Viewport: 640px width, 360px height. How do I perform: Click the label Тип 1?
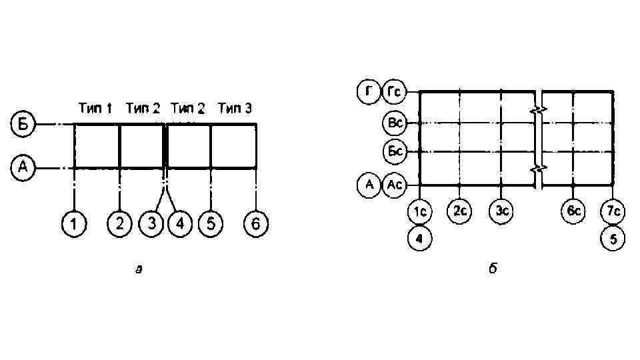tap(95, 108)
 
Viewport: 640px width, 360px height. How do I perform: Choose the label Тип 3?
tap(234, 108)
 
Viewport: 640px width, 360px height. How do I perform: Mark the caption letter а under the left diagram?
tap(138, 270)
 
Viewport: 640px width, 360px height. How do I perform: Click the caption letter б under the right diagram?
tap(493, 269)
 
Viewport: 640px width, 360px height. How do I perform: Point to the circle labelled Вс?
tap(394, 123)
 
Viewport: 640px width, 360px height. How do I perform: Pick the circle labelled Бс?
tap(394, 152)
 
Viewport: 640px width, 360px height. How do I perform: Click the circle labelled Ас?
tap(394, 185)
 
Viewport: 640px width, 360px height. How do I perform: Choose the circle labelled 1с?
tap(419, 212)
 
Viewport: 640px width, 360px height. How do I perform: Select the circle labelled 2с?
tap(459, 212)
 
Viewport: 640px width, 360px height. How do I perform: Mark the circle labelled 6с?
tap(573, 212)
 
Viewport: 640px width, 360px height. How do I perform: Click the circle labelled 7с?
tap(613, 212)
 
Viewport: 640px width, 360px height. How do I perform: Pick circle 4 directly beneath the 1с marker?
tap(419, 238)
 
